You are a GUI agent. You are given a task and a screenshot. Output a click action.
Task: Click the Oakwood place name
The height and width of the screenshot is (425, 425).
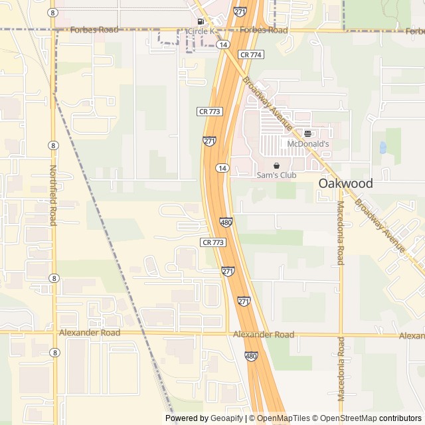(345, 183)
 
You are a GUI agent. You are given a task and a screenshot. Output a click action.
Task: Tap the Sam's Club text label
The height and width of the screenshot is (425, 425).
(276, 175)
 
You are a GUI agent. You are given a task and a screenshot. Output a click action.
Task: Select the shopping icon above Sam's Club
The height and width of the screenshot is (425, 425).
(276, 165)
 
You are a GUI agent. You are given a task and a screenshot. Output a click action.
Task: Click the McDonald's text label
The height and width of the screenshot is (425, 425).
(307, 143)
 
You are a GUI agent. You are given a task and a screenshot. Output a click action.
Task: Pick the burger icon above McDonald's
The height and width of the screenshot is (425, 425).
(307, 133)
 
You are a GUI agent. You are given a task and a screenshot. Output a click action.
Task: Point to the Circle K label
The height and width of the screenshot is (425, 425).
(201, 31)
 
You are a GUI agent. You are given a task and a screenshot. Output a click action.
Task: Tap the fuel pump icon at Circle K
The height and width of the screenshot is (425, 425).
(192, 21)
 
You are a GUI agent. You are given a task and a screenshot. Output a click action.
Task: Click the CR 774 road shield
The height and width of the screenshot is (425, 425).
(251, 54)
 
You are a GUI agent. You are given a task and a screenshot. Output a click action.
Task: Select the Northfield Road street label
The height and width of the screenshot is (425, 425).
(52, 195)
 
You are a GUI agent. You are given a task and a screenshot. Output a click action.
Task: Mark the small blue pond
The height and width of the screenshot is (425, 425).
(382, 147)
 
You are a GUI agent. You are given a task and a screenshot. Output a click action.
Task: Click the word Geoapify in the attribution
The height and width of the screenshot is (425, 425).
(226, 418)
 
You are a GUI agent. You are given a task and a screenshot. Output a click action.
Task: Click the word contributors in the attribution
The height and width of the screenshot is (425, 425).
(400, 418)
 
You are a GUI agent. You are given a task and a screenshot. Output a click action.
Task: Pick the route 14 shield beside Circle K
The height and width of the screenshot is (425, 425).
(223, 44)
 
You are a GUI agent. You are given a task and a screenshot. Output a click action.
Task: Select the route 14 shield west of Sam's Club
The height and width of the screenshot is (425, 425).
(222, 169)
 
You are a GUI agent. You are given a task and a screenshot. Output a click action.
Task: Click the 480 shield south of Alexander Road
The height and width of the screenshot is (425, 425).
(250, 357)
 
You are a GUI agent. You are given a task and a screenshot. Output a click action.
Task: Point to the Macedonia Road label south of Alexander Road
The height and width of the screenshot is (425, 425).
(341, 369)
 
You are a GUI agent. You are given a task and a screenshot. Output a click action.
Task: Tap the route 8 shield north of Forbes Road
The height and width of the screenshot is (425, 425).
(52, 13)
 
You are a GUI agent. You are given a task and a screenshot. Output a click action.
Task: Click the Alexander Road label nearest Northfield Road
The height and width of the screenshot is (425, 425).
(90, 333)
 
